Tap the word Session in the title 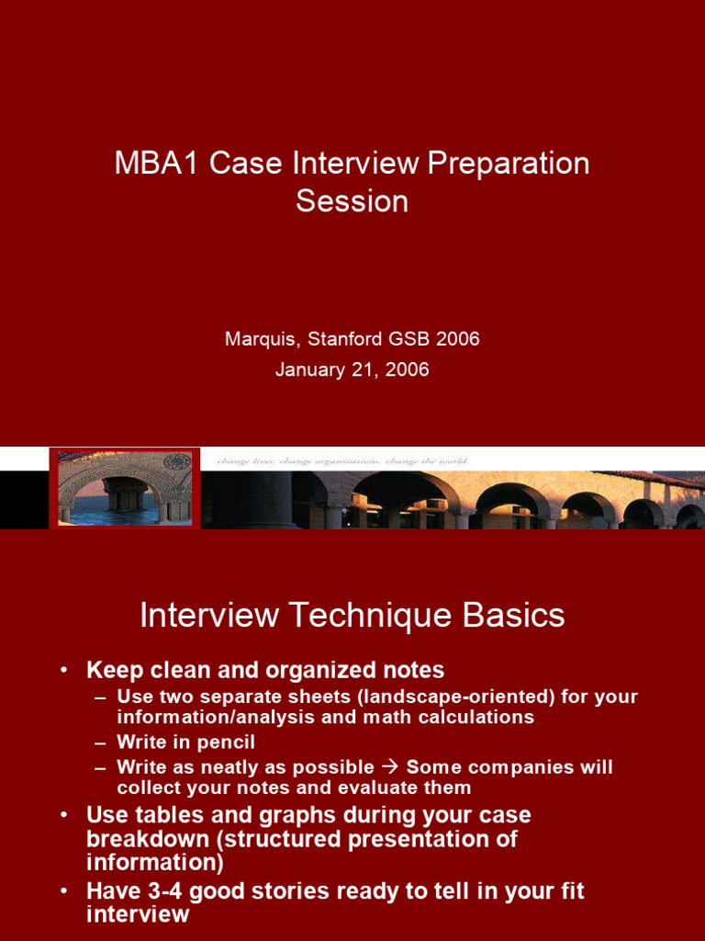pos(352,201)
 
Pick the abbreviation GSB pos(410,339)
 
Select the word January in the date pos(310,370)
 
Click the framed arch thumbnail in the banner pos(125,488)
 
